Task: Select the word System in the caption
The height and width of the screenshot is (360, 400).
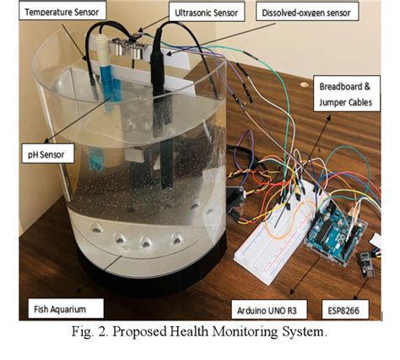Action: [x=306, y=331]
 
